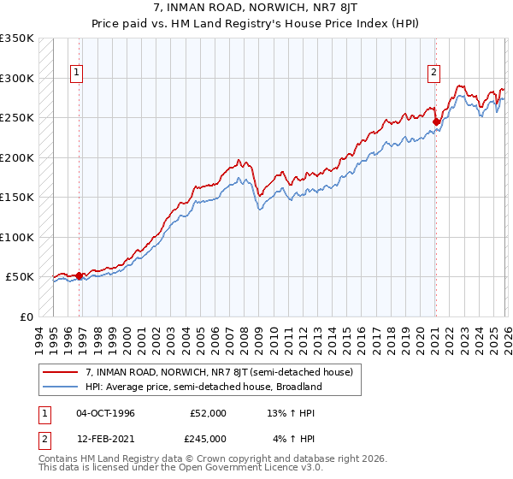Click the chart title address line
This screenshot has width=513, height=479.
256,9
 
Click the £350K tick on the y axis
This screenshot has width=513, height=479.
17,38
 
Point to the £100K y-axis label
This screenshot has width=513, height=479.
17,237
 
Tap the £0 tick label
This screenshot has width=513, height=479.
26,316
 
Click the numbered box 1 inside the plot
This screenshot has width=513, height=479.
77,73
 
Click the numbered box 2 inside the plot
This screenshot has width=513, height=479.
434,73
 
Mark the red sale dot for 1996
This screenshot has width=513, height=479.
79,275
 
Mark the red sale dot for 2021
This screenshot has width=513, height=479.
436,121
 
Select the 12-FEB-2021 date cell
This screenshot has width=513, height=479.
105,439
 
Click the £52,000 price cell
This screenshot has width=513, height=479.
209,413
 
